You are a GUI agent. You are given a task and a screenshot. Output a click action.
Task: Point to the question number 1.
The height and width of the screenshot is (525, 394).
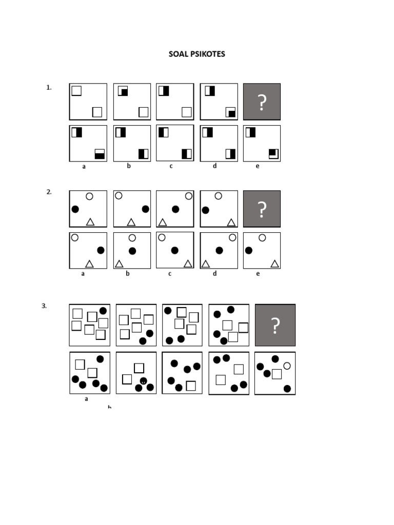coord(49,88)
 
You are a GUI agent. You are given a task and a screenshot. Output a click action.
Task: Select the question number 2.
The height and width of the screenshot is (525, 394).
coord(49,192)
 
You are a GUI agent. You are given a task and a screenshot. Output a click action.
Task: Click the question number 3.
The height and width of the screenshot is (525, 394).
coord(44,306)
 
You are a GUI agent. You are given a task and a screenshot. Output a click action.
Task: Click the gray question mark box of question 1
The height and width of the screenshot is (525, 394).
coord(262,102)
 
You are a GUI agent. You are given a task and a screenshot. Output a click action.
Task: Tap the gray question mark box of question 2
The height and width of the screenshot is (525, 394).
coord(262,209)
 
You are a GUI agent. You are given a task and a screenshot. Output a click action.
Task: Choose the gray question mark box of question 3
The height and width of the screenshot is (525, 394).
coord(275,325)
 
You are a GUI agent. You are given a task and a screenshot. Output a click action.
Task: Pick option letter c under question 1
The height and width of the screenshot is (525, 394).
coord(171,166)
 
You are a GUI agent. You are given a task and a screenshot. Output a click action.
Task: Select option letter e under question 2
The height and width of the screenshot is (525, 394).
coord(258,274)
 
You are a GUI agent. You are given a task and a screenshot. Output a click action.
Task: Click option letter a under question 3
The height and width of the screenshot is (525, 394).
coord(86,399)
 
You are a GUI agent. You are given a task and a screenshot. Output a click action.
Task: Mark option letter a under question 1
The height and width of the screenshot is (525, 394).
coord(84,167)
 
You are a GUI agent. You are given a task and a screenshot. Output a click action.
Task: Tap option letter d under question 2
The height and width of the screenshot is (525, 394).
coord(215,274)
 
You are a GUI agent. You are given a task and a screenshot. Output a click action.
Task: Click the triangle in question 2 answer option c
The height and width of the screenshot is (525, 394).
coord(188,264)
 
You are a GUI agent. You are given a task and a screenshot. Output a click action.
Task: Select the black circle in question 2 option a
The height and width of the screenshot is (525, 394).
coord(101,250)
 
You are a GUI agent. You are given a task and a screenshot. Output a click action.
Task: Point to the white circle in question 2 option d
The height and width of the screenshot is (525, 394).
coord(232,237)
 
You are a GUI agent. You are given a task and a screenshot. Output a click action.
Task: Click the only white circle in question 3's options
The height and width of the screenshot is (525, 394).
coord(287,366)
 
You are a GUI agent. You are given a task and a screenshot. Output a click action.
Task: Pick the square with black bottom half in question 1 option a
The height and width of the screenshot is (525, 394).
coord(100,154)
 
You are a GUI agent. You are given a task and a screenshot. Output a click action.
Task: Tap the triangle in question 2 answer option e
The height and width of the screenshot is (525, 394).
coord(275,264)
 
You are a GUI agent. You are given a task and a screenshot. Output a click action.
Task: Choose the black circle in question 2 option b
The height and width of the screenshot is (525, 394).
coord(132,251)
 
